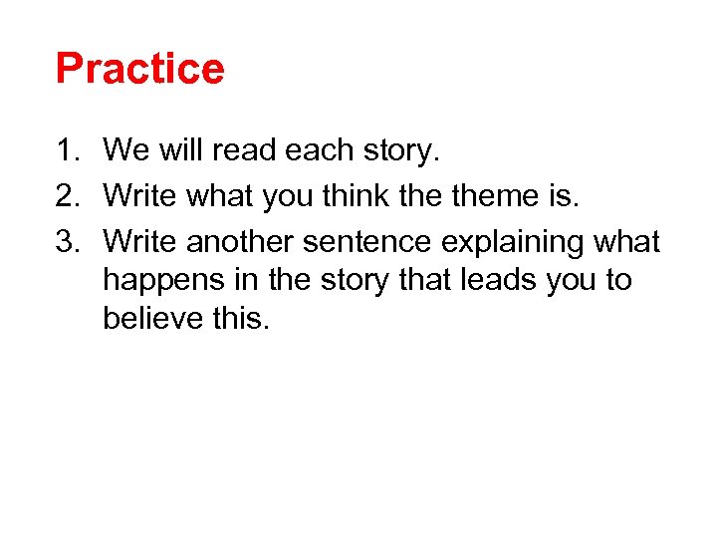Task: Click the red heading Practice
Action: (x=140, y=69)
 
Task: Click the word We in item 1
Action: (x=126, y=150)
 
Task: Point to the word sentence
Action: (x=367, y=241)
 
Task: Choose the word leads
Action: (x=495, y=280)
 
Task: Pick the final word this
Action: (x=240, y=320)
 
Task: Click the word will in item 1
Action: (x=178, y=150)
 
